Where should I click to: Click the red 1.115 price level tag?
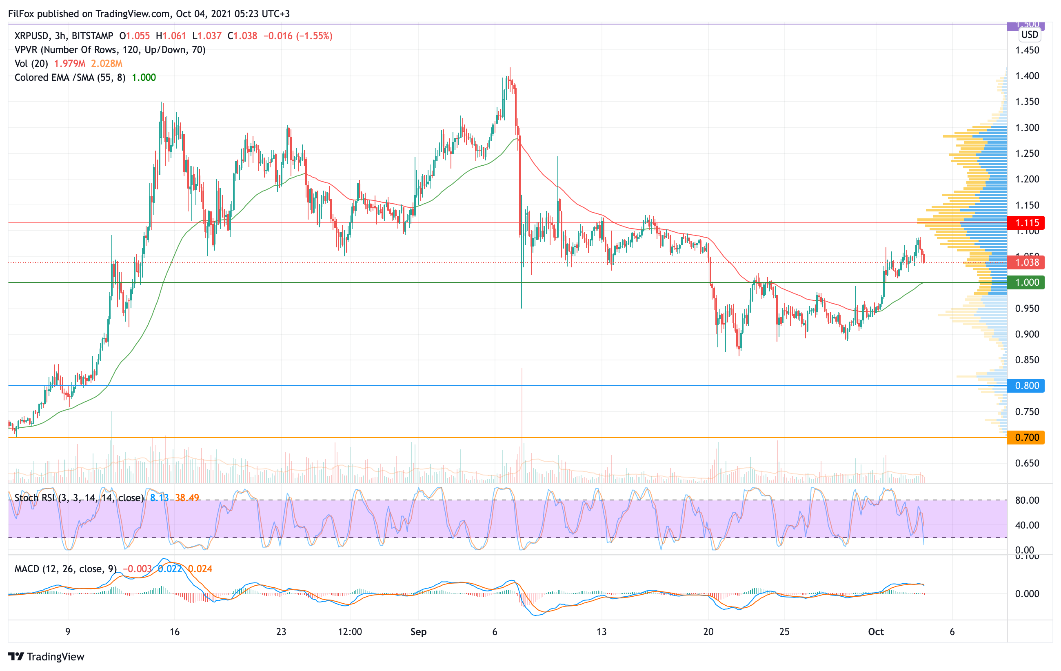[x=1026, y=223]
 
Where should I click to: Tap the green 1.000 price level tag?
[x=1026, y=282]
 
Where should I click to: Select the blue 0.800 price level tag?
[x=1026, y=386]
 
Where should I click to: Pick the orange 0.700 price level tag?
[x=1026, y=438]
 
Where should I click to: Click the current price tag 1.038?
[x=1026, y=262]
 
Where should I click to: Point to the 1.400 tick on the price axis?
[x=1027, y=76]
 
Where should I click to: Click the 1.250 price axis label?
[x=1027, y=153]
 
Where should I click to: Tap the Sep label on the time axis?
[x=418, y=632]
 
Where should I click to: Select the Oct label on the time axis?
[x=875, y=632]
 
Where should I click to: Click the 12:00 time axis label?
[x=350, y=632]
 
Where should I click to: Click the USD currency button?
[x=1029, y=34]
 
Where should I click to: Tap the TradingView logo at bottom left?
[x=46, y=656]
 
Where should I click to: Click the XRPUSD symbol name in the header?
[x=32, y=36]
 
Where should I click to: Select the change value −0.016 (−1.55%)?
[x=298, y=36]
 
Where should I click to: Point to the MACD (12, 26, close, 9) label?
[x=65, y=569]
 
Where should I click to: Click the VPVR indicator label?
[x=110, y=50]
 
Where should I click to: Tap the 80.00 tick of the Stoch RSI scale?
[x=1027, y=500]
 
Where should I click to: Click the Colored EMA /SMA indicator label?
[x=70, y=78]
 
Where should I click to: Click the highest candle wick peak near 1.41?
[x=510, y=69]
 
